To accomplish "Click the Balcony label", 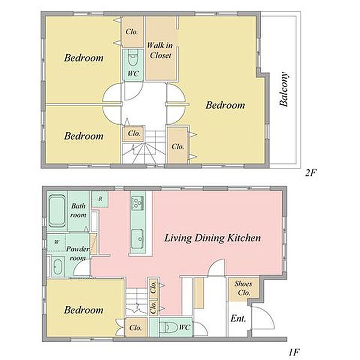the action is click(x=284, y=89).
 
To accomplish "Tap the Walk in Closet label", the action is click(x=160, y=50).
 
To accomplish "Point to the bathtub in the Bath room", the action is click(x=57, y=211).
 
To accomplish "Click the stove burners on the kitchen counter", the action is click(x=137, y=203).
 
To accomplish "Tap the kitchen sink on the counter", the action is click(x=137, y=239).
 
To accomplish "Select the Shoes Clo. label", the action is click(x=244, y=288).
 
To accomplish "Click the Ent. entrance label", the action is click(x=238, y=319).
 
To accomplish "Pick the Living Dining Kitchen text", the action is click(x=212, y=238).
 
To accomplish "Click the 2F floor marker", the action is click(x=311, y=172).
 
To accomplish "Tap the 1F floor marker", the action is click(x=295, y=352).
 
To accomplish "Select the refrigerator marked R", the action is click(x=100, y=199).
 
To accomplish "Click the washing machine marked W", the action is click(x=56, y=242).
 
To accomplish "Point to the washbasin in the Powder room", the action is click(x=57, y=266).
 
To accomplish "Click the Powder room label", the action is click(x=77, y=253).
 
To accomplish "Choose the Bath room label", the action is click(x=78, y=210).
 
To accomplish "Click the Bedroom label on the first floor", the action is click(x=84, y=310).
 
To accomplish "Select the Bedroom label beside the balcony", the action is click(x=225, y=105).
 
